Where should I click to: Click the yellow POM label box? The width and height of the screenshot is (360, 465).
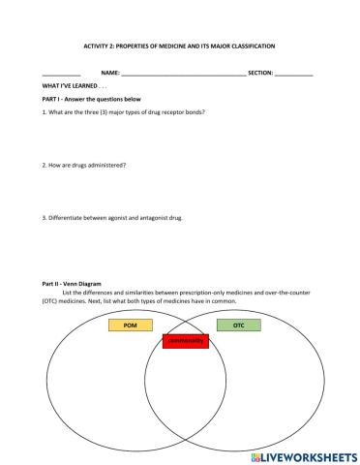pyautogui.click(x=132, y=326)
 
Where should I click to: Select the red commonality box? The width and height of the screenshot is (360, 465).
pyautogui.click(x=185, y=341)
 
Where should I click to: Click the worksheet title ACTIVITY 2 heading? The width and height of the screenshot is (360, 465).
pyautogui.click(x=179, y=46)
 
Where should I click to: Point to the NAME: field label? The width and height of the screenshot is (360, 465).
pyautogui.click(x=110, y=73)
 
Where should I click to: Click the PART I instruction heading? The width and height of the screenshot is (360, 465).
pyautogui.click(x=92, y=99)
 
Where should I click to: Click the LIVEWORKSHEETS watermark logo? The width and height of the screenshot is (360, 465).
pyautogui.click(x=303, y=454)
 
